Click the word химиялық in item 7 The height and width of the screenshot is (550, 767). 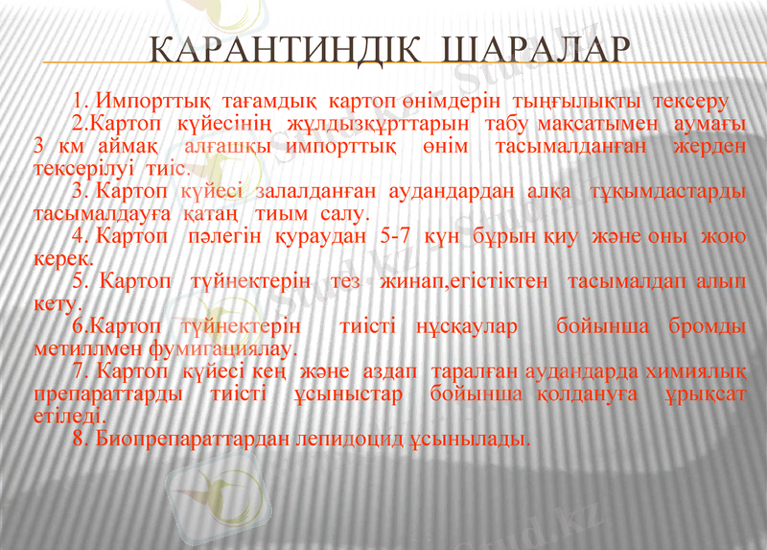pyautogui.click(x=704, y=371)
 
